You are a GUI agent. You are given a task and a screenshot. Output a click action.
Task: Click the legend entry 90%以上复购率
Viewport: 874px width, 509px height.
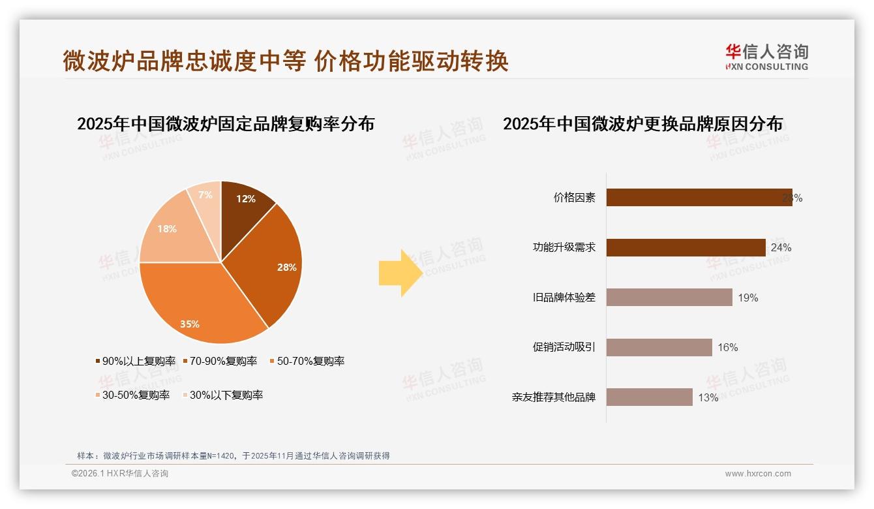tap(136, 361)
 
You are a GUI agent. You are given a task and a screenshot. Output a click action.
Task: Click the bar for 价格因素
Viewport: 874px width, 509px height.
tap(699, 198)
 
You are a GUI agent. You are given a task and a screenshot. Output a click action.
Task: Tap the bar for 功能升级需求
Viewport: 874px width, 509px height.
tap(686, 247)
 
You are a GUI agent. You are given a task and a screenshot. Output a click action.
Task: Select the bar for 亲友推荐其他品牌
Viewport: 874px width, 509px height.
tap(649, 397)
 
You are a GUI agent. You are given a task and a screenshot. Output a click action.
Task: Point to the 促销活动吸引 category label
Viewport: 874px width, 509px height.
tap(564, 347)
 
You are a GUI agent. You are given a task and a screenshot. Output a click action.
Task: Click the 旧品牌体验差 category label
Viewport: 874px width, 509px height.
tap(564, 298)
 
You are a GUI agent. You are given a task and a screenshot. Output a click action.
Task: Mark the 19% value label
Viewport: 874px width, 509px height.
tap(747, 298)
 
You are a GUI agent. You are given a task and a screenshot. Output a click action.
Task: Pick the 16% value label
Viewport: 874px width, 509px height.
tap(727, 347)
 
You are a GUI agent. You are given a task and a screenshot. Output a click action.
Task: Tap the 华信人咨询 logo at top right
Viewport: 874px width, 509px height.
tap(766, 57)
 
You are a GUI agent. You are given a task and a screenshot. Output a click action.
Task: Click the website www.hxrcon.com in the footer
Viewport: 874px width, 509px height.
tap(758, 474)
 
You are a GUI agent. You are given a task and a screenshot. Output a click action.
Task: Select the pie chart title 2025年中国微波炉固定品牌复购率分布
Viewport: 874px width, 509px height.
tap(226, 124)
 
